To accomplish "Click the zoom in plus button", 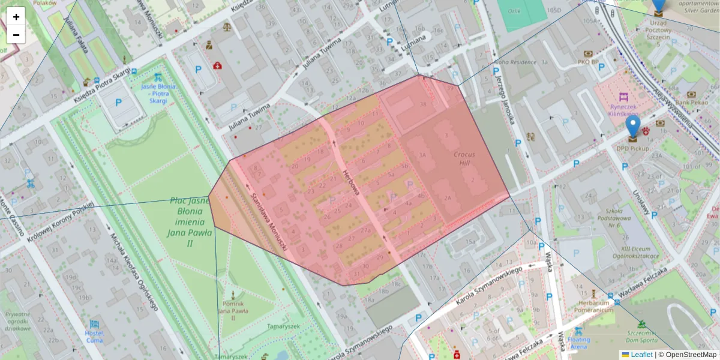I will (16, 17).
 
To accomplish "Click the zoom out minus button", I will (16, 35).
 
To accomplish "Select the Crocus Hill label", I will (464, 158).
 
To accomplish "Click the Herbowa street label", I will (351, 182).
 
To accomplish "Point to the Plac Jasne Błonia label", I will (190, 222).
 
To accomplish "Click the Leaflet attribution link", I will (641, 355).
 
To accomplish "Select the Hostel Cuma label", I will (94, 336).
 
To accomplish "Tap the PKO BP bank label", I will (588, 61).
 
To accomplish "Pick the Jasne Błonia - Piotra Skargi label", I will (158, 94).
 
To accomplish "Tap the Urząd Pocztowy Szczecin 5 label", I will (658, 33).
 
